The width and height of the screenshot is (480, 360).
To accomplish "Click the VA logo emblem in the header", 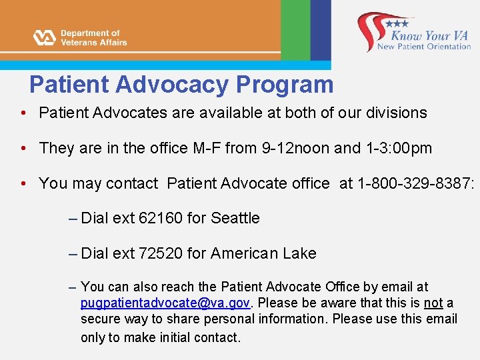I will point(45,37).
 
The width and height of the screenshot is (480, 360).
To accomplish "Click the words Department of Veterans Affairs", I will point(93,37).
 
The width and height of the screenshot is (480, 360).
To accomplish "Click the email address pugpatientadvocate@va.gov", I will point(165,303).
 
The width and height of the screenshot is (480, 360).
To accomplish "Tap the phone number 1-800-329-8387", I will point(415,183).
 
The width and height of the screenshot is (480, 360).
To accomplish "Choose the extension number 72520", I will point(161,253).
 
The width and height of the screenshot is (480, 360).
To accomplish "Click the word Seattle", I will point(235,218).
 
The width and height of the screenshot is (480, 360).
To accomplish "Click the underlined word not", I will point(433,303).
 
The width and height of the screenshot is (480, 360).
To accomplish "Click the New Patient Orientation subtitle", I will point(424,47).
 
